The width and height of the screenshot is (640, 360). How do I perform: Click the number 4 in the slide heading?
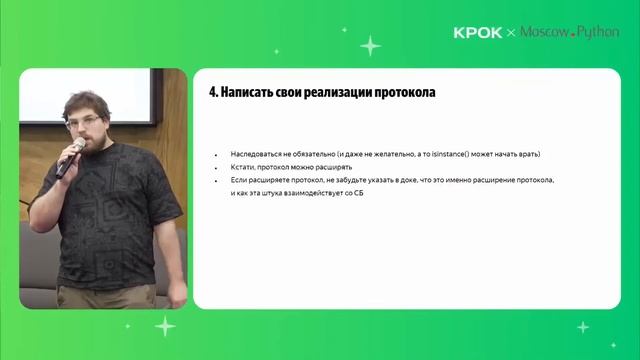click(x=212, y=92)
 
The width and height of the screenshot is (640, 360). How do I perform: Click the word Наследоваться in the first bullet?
click(x=256, y=155)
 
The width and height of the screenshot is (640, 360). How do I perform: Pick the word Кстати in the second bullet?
click(x=242, y=167)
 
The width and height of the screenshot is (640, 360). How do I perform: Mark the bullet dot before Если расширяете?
click(x=216, y=179)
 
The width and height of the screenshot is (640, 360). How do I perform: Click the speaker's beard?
click(x=92, y=138)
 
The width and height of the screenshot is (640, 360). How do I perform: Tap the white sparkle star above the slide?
click(x=370, y=45)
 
